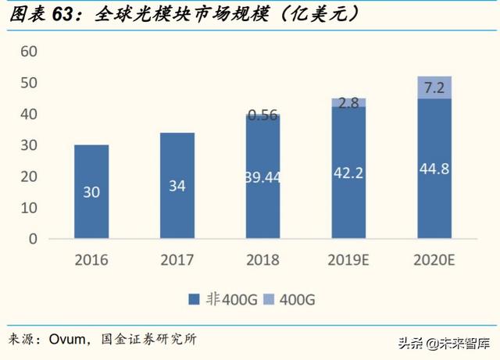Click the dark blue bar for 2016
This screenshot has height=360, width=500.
coord(91,192)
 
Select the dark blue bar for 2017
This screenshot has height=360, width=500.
coord(177,186)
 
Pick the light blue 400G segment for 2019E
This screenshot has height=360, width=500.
coord(349,102)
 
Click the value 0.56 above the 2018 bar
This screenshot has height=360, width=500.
coord(263,115)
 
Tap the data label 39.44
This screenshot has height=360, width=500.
coord(263,178)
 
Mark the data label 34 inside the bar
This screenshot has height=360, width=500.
coord(177,186)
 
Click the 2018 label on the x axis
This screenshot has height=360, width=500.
coord(263,259)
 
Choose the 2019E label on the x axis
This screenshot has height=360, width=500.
coord(349,259)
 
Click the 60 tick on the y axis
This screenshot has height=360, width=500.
coord(29,52)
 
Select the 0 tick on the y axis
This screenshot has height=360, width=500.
coord(33,239)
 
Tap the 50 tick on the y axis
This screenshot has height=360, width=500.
coord(29,83)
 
